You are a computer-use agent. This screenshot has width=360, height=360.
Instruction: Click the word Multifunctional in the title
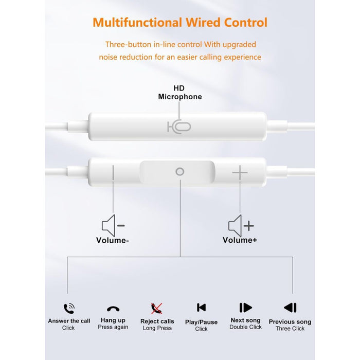[x=137, y=23]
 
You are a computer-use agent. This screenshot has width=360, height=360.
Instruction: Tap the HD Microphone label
[x=180, y=93]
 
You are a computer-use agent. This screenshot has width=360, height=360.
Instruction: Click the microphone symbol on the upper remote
[x=179, y=127]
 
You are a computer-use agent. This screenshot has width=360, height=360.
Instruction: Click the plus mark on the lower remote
[x=240, y=172]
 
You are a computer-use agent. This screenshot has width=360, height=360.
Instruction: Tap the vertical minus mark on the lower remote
[x=113, y=172]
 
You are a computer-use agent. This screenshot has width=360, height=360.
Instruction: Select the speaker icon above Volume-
[x=113, y=225]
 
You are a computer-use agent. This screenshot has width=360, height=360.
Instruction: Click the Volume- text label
[x=113, y=240]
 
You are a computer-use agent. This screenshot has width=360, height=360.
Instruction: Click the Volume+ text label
[x=240, y=240]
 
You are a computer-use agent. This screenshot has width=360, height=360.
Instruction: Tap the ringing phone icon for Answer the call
[x=69, y=309]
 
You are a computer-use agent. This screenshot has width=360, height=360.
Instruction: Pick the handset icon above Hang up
[x=113, y=309]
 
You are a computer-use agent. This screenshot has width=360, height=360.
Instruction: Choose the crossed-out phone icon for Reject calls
[x=156, y=309]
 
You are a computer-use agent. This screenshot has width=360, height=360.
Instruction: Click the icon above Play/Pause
[x=202, y=308]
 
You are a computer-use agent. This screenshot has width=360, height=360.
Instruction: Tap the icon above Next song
[x=246, y=308]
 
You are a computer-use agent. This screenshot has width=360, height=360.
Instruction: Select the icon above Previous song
[x=290, y=308]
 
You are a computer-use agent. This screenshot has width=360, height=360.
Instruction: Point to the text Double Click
[x=246, y=327]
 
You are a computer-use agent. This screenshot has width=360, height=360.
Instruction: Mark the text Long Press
[x=157, y=328]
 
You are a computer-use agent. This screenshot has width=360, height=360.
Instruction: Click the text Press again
[x=113, y=327]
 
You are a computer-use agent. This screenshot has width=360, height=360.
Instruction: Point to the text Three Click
[x=290, y=329]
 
